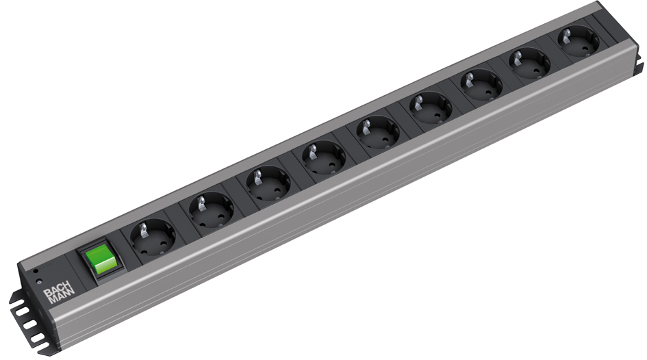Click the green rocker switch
99,258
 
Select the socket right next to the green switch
153,237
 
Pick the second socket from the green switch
212,210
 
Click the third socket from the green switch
268,183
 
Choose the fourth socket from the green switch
324,157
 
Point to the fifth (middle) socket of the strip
378,133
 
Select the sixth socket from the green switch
431,108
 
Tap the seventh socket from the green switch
481,85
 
